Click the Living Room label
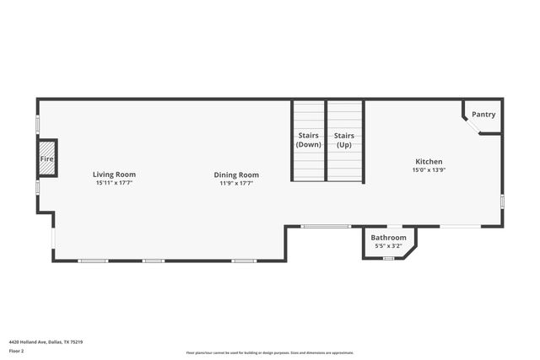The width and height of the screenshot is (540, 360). point(114,175)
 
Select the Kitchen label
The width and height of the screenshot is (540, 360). point(429,162)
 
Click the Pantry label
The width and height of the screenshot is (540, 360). point(483,115)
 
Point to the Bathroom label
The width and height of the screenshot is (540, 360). point(389,238)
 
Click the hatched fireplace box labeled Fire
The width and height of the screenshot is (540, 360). point(47,159)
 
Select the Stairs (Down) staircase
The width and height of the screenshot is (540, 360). point(309,140)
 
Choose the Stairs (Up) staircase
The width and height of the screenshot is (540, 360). point(344,140)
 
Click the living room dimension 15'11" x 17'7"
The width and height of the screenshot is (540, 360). point(114,183)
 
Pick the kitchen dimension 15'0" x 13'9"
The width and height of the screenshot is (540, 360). point(429,170)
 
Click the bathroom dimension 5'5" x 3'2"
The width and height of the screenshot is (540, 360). point(389,246)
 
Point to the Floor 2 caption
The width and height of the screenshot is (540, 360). point(17,351)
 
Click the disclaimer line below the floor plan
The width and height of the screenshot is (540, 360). point(270,353)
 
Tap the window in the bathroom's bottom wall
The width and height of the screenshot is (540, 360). point(389,258)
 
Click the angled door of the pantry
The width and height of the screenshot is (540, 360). point(471,125)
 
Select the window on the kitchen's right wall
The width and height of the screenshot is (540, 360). point(502,201)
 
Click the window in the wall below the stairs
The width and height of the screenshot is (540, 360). point(326,226)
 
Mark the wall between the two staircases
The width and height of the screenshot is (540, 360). point(327,140)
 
